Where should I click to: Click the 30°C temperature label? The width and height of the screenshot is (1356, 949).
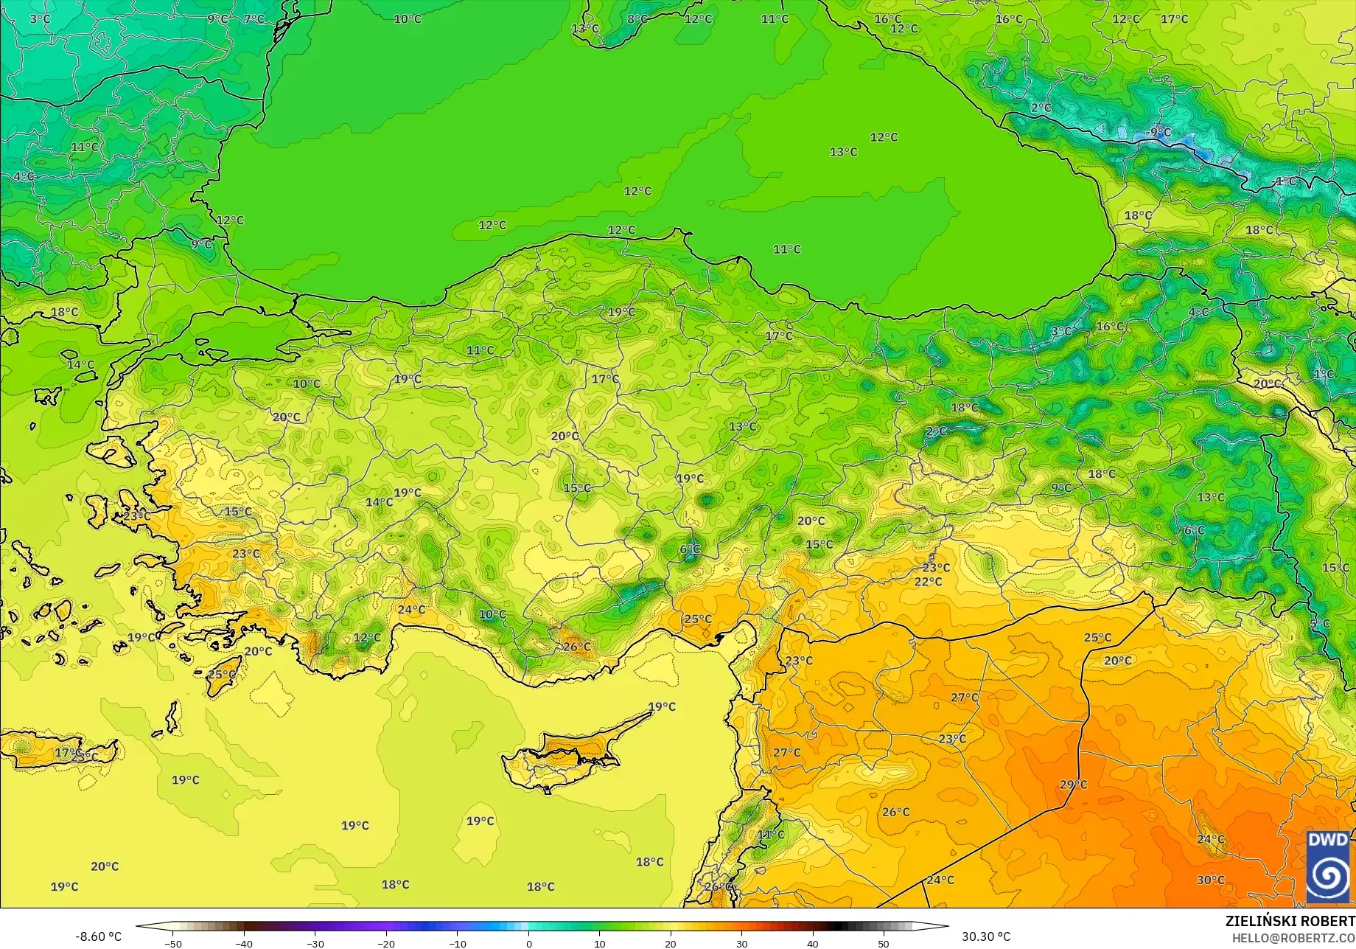coord(1210,880)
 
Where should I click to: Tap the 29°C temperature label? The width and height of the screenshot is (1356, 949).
coord(1073,785)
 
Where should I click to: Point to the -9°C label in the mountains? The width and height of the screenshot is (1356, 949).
coord(1159,133)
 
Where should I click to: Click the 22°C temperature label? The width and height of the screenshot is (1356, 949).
coord(928,582)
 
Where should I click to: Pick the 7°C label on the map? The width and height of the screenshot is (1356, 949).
coord(254,19)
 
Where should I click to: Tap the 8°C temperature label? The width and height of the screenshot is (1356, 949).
coord(637,19)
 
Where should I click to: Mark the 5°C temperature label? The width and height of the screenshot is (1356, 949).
coord(1319,624)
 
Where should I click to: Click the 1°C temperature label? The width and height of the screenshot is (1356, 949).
coord(1324,375)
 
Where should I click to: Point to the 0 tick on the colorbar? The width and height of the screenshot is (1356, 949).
coord(528,943)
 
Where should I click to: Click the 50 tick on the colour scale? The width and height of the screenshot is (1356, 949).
coord(884,943)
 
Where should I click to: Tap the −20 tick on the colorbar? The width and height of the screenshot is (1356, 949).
coord(386,943)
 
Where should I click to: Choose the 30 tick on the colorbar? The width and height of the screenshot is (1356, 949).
coord(741,943)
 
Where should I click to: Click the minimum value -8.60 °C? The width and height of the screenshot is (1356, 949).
coord(99,937)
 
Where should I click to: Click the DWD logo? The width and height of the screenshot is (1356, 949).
coord(1328,866)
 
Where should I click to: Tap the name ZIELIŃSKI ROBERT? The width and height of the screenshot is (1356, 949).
coord(1290,921)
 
